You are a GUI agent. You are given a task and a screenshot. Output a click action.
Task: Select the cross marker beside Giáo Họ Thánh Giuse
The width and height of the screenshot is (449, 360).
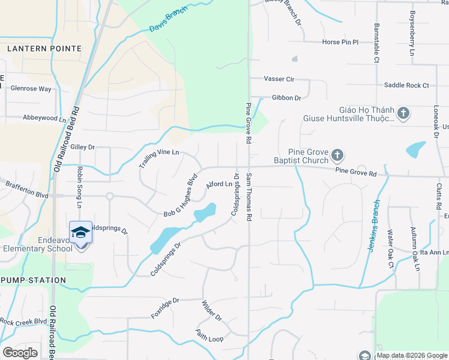[x=403, y=113]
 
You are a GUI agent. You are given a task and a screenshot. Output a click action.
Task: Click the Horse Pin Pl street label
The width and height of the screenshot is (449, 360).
[x=340, y=42]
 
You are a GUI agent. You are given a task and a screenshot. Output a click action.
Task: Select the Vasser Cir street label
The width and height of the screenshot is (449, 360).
[x=279, y=79]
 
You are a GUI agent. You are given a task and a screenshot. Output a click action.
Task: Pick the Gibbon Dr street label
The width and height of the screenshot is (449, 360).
[x=286, y=98]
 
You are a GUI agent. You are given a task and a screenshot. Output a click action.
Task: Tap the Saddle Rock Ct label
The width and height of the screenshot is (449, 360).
[x=406, y=85]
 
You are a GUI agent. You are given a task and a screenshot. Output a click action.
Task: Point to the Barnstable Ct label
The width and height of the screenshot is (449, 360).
[x=377, y=43]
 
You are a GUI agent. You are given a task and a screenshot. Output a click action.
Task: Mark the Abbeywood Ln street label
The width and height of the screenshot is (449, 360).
[x=44, y=119]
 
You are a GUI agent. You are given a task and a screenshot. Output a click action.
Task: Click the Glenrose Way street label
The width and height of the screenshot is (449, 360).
[x=31, y=89]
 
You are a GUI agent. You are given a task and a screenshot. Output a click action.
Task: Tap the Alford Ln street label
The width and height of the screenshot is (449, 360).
[x=218, y=185]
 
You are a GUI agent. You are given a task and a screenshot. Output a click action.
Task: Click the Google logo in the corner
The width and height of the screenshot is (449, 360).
[x=20, y=353]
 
